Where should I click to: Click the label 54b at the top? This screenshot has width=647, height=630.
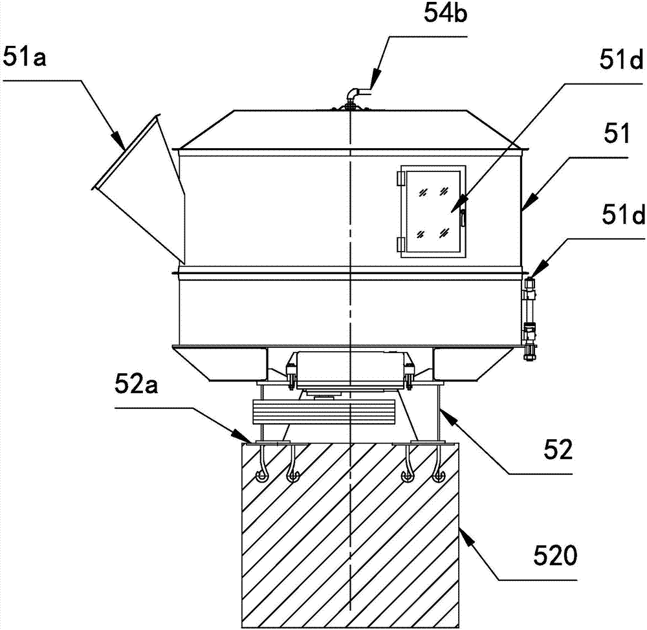(445, 14)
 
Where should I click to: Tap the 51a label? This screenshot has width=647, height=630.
(25, 56)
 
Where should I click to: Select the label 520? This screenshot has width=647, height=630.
(555, 556)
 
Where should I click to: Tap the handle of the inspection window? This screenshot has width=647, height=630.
(463, 218)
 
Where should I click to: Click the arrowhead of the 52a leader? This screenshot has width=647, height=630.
(240, 435)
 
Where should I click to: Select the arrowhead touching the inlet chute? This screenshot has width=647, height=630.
(118, 141)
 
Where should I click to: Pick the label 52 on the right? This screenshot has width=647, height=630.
(558, 450)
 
